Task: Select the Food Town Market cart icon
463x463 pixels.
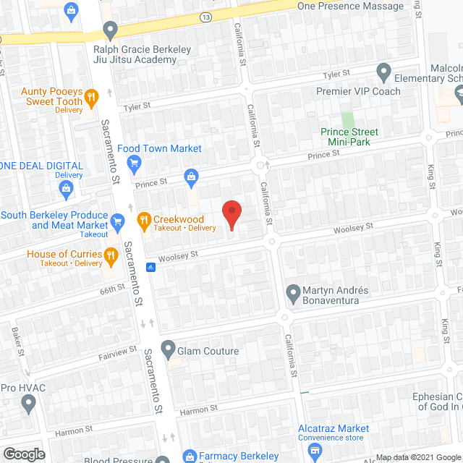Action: coord(134,163)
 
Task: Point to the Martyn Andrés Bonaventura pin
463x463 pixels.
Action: coord(293,294)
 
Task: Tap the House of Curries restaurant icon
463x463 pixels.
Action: coord(111,255)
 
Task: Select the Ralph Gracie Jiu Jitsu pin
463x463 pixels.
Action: coord(110,30)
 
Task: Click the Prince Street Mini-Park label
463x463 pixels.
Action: coord(349,136)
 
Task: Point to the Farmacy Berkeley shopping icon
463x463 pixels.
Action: coord(190,456)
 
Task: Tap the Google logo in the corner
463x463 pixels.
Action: coord(23,454)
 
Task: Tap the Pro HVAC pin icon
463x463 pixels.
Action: coord(29,404)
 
